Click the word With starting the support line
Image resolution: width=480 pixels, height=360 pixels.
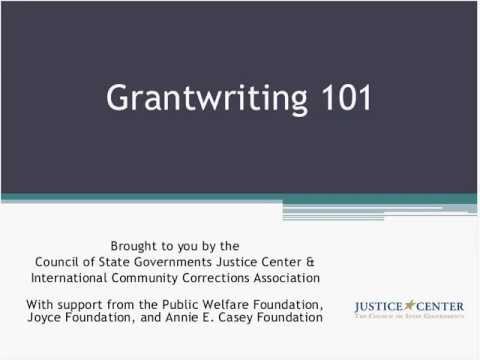click(45, 303)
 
